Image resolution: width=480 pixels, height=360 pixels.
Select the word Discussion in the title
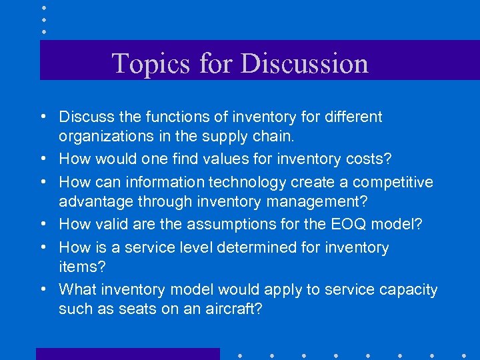pyautogui.click(x=304, y=63)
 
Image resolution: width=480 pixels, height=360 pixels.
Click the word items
pyautogui.click(x=77, y=267)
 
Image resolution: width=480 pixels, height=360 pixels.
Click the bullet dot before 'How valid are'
pyautogui.click(x=42, y=225)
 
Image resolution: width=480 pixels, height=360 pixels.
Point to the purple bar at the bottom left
pyautogui.click(x=127, y=354)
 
